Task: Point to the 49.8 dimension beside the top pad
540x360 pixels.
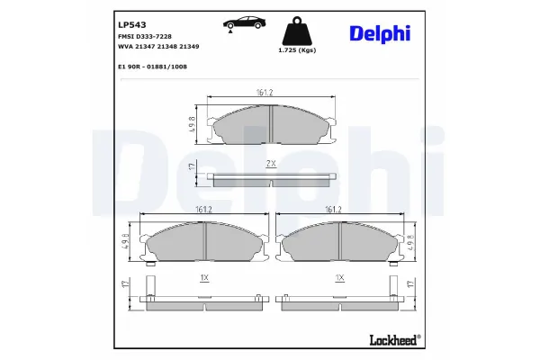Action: click(193, 122)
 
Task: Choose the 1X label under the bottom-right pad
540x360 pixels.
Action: click(339, 279)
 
